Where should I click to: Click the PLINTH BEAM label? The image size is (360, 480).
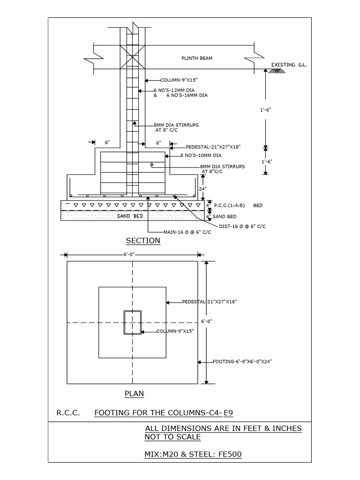(197, 58)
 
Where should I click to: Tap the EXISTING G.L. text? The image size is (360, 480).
(289, 65)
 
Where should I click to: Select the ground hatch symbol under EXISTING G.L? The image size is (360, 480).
(278, 71)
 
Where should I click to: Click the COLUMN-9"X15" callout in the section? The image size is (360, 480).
(177, 80)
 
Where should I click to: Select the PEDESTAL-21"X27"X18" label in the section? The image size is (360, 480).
(213, 147)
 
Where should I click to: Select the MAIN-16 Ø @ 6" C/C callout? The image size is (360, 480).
(187, 232)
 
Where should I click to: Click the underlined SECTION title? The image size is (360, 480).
(143, 241)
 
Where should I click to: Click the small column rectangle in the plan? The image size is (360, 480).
(132, 322)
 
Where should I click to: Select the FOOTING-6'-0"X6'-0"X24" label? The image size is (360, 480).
(242, 361)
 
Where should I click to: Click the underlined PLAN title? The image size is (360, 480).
(134, 394)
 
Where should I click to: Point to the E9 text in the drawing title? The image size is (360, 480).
(228, 413)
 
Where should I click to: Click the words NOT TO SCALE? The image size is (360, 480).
(172, 437)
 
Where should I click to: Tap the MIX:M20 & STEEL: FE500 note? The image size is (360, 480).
(193, 455)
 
